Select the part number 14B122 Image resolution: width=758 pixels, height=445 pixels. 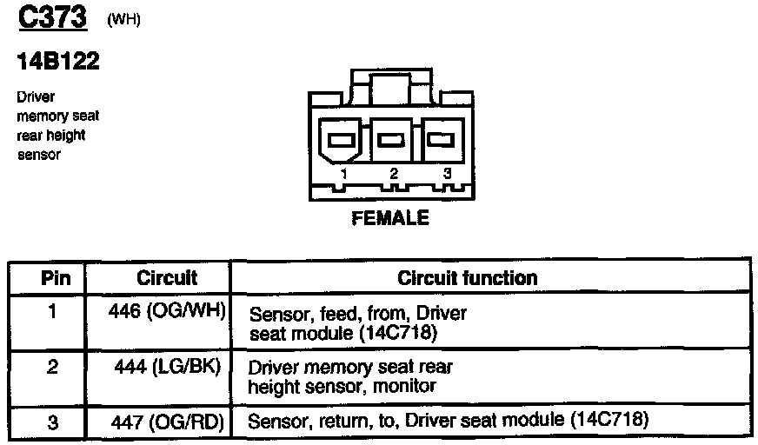tap(57, 61)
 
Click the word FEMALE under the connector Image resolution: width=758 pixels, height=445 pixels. tap(390, 217)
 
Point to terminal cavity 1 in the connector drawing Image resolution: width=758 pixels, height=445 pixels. tap(342, 139)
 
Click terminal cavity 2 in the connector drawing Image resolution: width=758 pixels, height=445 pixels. tap(394, 139)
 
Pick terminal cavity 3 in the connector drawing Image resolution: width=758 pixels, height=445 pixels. tap(443, 139)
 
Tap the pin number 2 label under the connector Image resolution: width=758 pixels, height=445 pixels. tap(394, 174)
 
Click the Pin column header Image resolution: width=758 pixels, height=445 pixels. tap(49, 278)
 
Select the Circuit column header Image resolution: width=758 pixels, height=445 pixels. tap(167, 278)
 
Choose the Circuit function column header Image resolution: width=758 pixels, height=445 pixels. tap(467, 278)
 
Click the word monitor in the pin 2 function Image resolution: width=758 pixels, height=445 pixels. tap(404, 386)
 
